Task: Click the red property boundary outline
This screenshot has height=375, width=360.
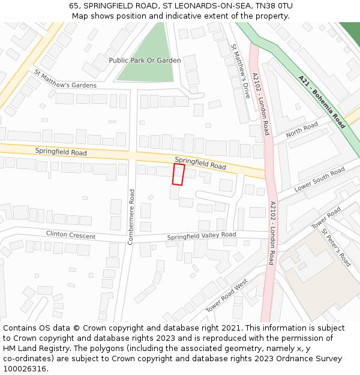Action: coord(178,174)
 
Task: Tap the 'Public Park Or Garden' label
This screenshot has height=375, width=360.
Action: coord(145,61)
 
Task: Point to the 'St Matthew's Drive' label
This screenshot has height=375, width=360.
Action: coord(241,71)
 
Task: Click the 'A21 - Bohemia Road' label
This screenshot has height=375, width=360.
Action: coord(322,101)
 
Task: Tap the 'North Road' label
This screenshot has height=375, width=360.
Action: coord(302,130)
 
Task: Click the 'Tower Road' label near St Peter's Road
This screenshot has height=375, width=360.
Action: coord(326,217)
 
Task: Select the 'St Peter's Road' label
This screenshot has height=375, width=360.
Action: coord(336,247)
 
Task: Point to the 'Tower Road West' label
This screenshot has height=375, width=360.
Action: coord(227,296)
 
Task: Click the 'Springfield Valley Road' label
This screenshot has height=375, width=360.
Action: coord(202,236)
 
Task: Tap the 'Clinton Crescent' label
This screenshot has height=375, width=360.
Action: coord(71,235)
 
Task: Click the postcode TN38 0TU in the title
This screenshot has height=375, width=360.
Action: coord(272,5)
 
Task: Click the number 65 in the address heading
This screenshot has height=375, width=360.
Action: coord(74,5)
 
